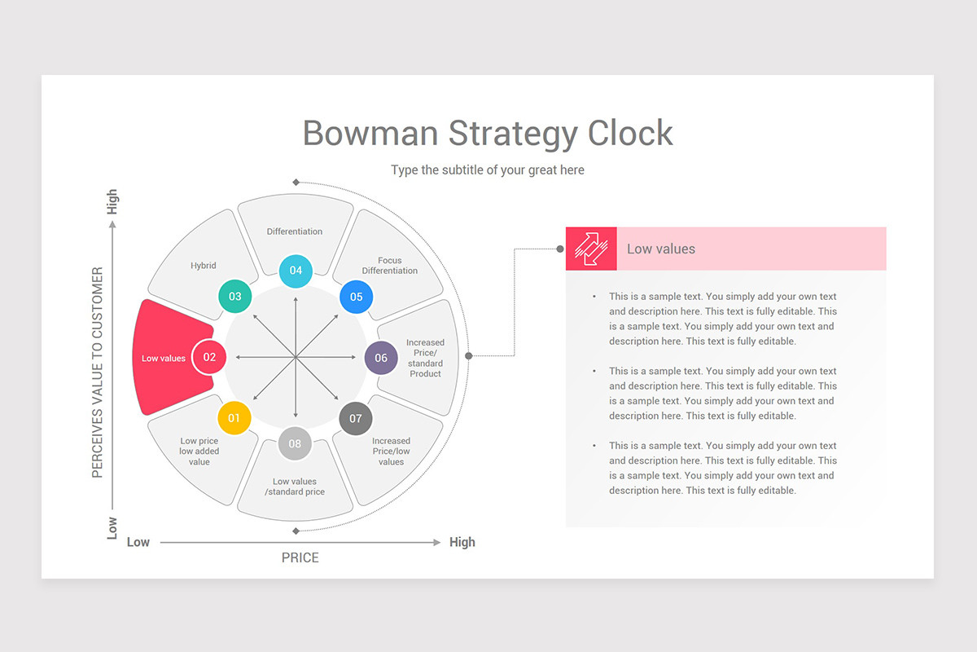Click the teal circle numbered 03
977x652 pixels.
235,297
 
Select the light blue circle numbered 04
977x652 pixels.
296,271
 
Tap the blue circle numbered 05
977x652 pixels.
356,297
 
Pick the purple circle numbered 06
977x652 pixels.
381,358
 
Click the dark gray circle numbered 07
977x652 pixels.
356,419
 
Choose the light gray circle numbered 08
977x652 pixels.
295,443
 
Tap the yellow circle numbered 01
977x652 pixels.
234,418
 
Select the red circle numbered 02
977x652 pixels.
209,357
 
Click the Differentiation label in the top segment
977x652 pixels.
295,231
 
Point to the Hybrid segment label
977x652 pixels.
204,266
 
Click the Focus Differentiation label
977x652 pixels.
390,266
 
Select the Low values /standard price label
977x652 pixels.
295,487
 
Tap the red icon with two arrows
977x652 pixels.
591,249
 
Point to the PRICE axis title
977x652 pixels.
300,558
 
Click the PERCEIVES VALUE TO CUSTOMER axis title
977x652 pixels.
98,372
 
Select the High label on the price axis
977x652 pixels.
462,542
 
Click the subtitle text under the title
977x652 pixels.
488,170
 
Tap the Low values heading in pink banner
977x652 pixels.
661,249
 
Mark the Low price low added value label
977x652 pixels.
199,452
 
